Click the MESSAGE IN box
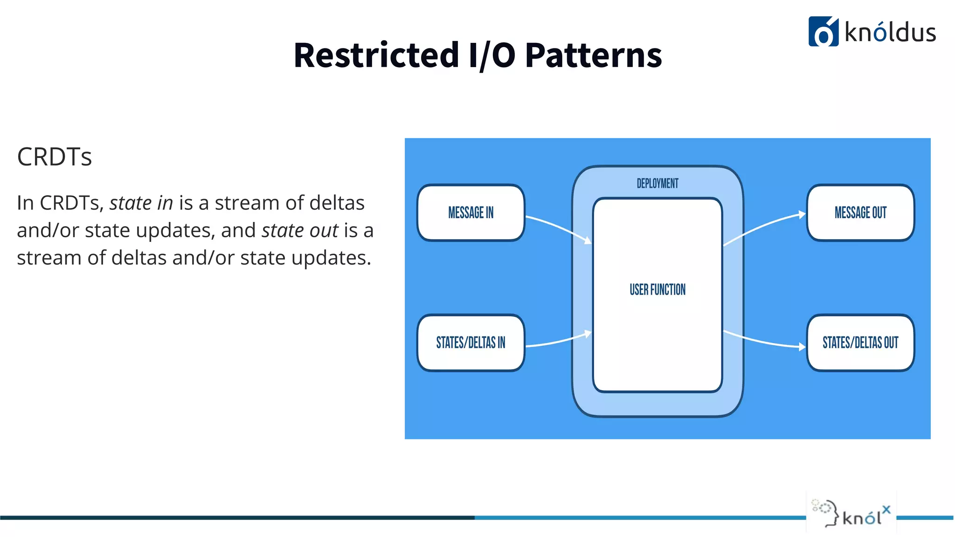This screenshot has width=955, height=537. (471, 213)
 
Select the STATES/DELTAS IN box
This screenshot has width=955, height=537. (471, 343)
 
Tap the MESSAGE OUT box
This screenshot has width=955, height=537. (860, 213)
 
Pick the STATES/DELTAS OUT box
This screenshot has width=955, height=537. (860, 343)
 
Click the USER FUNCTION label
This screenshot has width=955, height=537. (657, 290)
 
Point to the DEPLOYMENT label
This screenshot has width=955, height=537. (657, 184)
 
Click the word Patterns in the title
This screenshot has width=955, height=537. (593, 55)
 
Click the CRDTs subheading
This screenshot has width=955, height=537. (55, 157)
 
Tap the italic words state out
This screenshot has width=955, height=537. (300, 231)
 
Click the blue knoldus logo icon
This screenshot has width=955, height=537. (823, 32)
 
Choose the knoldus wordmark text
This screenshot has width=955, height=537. (890, 33)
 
